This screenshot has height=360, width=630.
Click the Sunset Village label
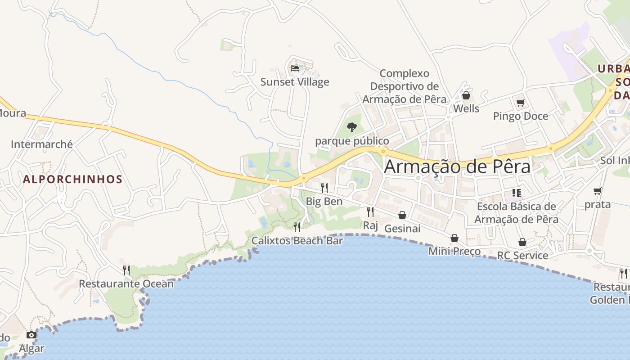tap(295, 82)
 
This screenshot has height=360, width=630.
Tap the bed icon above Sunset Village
tap(295, 68)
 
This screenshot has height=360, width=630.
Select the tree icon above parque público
tap(352, 127)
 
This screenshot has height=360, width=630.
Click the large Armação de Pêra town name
tap(457, 166)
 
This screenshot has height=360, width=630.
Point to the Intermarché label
tap(42, 144)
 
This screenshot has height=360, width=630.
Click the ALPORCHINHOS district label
tap(72, 179)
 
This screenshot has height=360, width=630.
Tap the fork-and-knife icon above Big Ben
tap(324, 188)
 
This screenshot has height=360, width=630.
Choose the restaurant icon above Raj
tap(370, 211)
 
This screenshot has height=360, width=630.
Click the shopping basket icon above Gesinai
tap(402, 215)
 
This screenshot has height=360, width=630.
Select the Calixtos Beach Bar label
tap(297, 241)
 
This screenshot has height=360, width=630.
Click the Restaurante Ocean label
tap(126, 284)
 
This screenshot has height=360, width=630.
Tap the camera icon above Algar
tap(31, 335)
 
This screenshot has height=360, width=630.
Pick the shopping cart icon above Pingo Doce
tap(521, 103)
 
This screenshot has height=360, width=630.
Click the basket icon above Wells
tap(466, 95)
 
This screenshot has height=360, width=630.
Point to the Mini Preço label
tap(454, 251)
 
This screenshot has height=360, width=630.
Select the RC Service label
tap(522, 256)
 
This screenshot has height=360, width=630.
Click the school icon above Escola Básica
tap(517, 193)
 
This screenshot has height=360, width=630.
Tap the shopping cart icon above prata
tap(598, 191)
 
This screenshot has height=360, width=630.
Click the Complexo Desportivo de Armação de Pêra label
tap(405, 86)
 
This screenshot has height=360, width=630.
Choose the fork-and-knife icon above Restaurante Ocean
tap(126, 270)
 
